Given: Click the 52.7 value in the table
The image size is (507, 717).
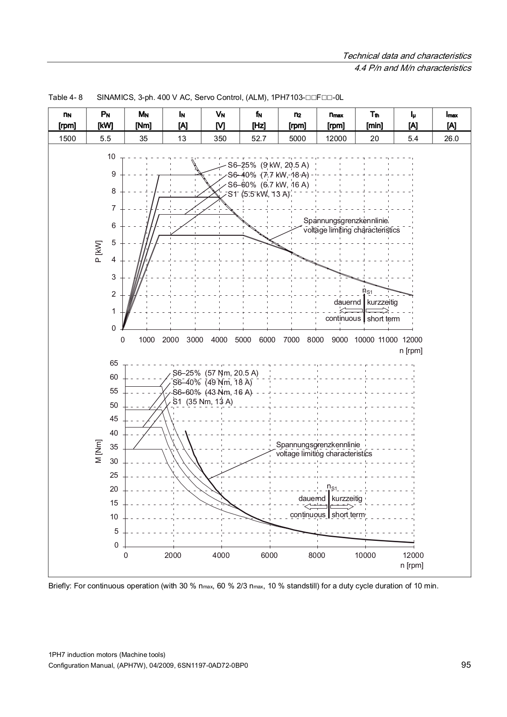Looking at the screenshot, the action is pos(259,138).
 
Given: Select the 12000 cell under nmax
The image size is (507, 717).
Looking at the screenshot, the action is pos(336,138).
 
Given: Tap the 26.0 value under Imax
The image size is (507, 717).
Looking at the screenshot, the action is pos(451,138).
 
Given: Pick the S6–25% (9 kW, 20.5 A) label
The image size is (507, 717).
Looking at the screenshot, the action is pos(269,165).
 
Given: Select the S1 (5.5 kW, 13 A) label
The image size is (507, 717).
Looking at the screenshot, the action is pos(259,194).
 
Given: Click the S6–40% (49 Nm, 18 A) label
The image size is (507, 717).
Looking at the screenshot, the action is pos(212,383).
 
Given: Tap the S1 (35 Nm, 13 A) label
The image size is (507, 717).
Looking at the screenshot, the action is pos(203,402).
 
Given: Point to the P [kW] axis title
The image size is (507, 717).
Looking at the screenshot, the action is pos(99,251).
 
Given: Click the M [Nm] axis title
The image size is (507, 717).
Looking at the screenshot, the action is pos(99,451).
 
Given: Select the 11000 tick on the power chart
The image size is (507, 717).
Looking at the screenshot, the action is pos(388,340).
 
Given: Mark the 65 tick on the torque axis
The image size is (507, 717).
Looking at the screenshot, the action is pos(114,363).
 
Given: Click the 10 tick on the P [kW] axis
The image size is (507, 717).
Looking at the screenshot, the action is pos(111,157).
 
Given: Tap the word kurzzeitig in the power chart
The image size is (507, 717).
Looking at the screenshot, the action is pos(382,302).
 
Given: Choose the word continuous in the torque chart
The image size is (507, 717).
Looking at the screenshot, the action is pos(308,515).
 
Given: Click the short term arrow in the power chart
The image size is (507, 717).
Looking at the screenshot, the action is pos(377,311).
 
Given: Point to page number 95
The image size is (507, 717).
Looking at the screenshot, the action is pos(466,665).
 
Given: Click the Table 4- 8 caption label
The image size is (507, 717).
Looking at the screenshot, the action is pos(65,98).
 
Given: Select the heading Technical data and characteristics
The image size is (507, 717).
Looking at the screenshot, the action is pos(407,56).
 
